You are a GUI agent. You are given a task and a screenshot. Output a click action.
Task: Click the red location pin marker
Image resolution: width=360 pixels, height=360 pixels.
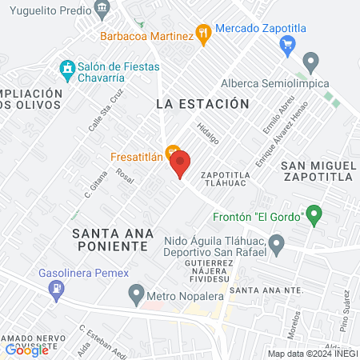pos(180,164)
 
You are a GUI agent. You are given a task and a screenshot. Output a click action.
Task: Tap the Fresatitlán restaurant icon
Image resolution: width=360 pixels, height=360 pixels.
pos(171,152)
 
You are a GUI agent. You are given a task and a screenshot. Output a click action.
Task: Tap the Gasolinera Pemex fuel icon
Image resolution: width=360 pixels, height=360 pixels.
pos(55,293)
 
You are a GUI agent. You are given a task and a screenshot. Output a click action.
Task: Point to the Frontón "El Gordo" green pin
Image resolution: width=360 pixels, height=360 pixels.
pos(314,214)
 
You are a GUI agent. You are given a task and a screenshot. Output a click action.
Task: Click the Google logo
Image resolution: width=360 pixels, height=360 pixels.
pos(26,350)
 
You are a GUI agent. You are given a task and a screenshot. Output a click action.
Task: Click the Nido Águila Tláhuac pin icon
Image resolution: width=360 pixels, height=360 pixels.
pos(277,242)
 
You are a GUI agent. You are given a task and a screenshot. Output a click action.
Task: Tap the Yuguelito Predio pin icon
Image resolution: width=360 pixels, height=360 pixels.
pos(101,10)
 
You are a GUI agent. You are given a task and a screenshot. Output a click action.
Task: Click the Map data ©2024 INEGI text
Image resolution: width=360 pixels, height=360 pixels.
pos(312,354)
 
